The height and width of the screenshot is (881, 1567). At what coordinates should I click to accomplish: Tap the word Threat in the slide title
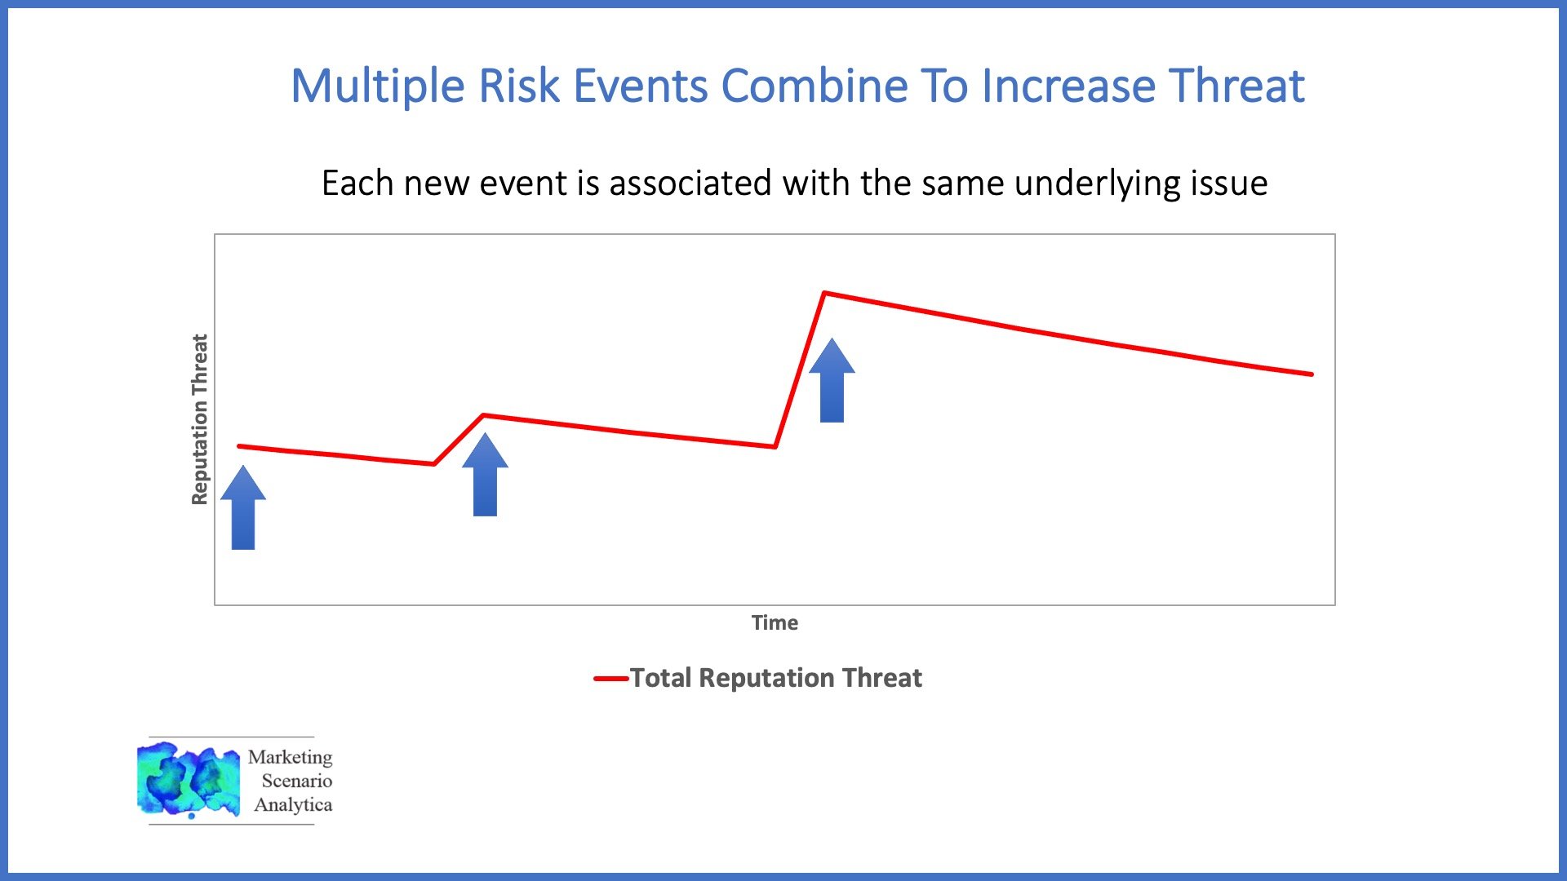coord(1236,86)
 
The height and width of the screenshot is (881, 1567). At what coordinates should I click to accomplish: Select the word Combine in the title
coord(815,86)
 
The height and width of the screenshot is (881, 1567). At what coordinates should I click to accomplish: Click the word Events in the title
coord(641,86)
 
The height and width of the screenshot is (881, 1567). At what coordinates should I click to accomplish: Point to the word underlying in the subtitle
coord(1095,184)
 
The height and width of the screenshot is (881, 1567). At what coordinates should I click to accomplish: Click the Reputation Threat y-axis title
coord(200,419)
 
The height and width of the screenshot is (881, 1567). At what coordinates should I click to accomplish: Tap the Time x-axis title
coord(775,623)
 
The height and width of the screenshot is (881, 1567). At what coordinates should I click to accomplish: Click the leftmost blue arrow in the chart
coord(243,507)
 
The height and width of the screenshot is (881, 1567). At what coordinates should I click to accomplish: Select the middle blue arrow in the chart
coord(485,475)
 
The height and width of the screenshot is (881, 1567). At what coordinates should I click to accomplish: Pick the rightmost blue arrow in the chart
coord(832,381)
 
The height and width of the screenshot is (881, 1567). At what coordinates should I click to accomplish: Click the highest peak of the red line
coord(824,292)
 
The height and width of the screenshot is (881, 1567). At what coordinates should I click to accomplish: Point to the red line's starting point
coord(238,446)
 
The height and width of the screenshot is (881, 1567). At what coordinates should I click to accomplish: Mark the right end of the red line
coord(1312,374)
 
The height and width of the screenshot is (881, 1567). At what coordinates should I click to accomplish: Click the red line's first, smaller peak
coord(483,415)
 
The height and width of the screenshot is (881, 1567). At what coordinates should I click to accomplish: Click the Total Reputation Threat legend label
coord(775,678)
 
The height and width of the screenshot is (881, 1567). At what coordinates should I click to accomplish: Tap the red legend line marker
coord(610,679)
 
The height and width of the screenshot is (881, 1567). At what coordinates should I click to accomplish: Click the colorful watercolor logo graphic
coord(189,780)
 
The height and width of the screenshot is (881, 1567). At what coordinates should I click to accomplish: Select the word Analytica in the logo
coord(293,805)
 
